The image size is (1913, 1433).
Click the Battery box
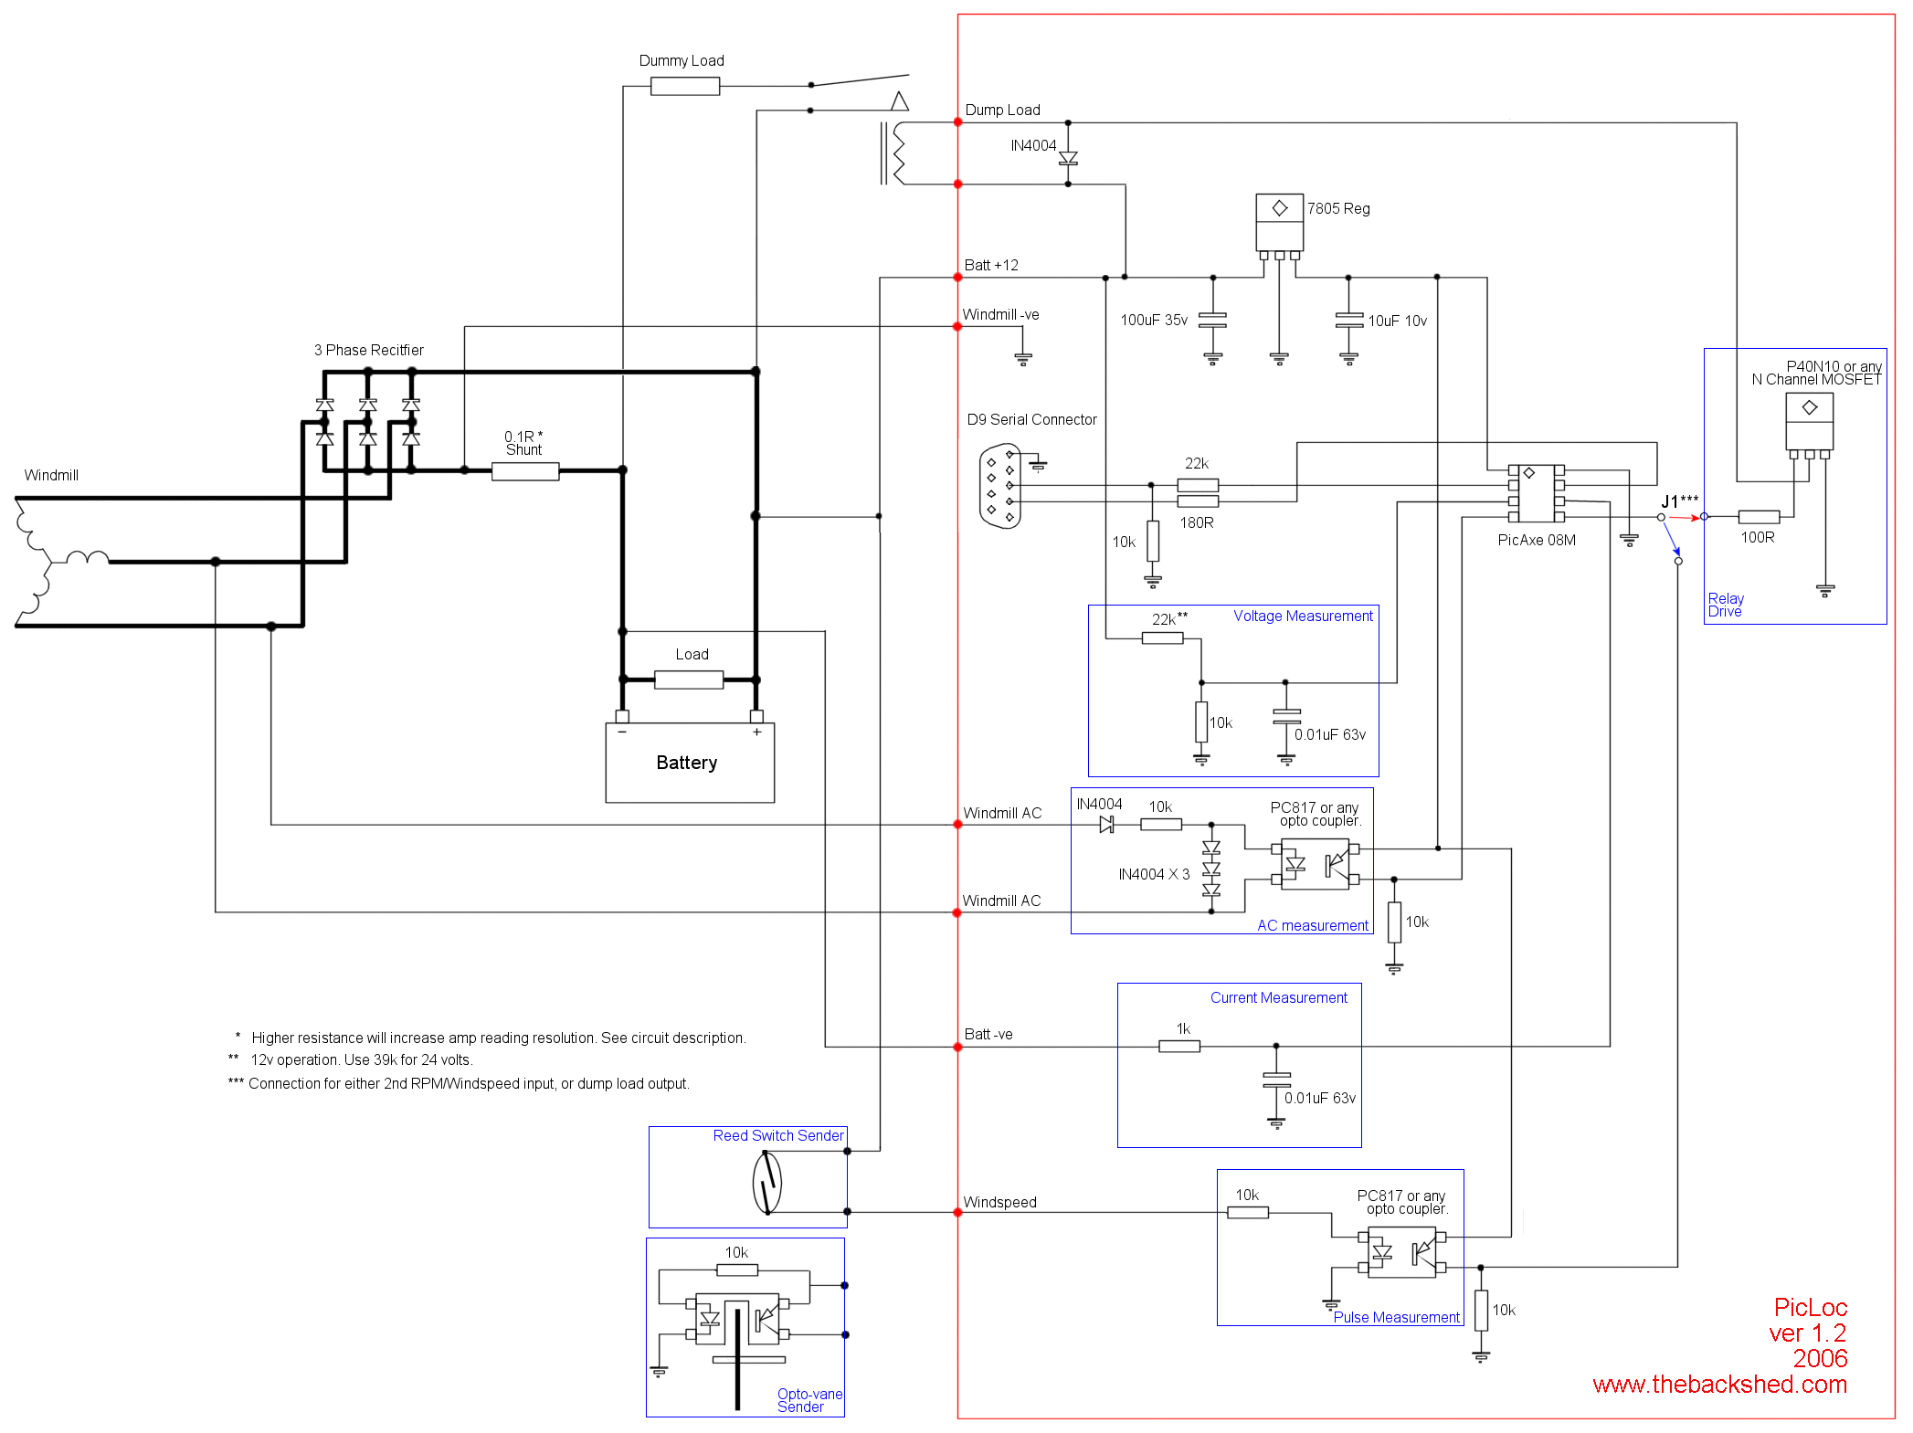pyautogui.click(x=690, y=763)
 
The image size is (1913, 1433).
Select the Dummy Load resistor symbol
pyautogui.click(x=685, y=87)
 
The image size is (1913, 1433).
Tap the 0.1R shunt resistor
pyautogui.click(x=525, y=471)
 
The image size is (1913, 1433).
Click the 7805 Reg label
pyautogui.click(x=1338, y=208)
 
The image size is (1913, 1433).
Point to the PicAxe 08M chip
pyautogui.click(x=1536, y=494)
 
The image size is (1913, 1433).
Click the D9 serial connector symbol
pyautogui.click(x=1000, y=486)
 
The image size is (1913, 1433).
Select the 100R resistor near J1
pyautogui.click(x=1759, y=517)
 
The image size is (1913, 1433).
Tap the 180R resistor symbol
pyautogui.click(x=1198, y=501)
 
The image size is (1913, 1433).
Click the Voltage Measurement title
pyautogui.click(x=1303, y=616)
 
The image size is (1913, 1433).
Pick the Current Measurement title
pyautogui.click(x=1278, y=998)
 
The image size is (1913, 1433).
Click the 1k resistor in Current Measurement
pyautogui.click(x=1179, y=1047)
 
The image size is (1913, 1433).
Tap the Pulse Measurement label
pyautogui.click(x=1396, y=1317)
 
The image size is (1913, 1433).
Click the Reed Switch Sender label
pyautogui.click(x=778, y=1136)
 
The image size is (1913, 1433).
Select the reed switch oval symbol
pyautogui.click(x=767, y=1183)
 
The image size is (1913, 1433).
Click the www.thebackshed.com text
pyautogui.click(x=1719, y=1385)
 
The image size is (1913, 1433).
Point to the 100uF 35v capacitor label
pyautogui.click(x=1154, y=321)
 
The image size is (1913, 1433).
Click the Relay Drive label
pyautogui.click(x=1726, y=605)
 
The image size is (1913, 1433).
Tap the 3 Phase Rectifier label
pyautogui.click(x=369, y=351)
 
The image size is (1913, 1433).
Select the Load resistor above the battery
pyautogui.click(x=689, y=680)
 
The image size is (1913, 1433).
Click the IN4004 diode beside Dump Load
pyautogui.click(x=1068, y=158)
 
